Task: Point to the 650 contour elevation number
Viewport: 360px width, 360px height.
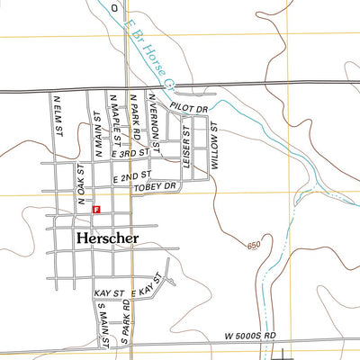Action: point(255,245)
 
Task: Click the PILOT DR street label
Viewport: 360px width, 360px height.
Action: point(191,110)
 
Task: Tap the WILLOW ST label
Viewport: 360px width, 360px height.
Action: point(215,147)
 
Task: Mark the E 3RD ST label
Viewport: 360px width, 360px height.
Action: point(127,155)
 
